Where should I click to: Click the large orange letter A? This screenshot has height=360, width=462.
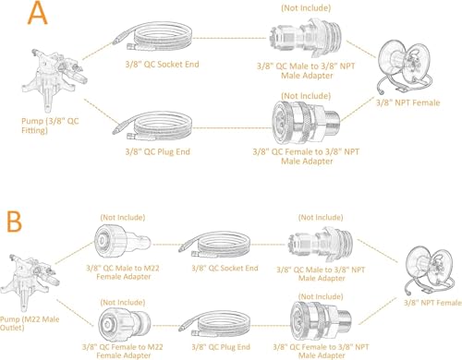click(38, 13)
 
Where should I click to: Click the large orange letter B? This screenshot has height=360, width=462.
click(14, 222)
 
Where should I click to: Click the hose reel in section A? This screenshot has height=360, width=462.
click(405, 66)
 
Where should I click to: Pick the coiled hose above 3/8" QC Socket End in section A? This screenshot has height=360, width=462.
click(152, 37)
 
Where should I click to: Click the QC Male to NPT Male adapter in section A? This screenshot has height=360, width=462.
click(306, 38)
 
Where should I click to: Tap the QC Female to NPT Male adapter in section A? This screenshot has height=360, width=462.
click(306, 123)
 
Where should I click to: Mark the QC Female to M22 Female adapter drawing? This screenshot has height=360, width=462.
click(125, 323)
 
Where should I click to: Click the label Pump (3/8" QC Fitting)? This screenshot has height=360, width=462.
click(50, 126)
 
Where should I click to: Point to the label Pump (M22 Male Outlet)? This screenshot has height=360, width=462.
click(30, 323)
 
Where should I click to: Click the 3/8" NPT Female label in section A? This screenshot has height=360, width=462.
click(408, 102)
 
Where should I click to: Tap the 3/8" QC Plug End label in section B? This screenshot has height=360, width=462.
click(221, 347)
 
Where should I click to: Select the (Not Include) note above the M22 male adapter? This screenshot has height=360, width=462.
click(123, 218)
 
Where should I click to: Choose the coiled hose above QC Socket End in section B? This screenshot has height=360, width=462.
click(214, 245)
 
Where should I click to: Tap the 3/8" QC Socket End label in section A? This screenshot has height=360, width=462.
click(162, 65)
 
